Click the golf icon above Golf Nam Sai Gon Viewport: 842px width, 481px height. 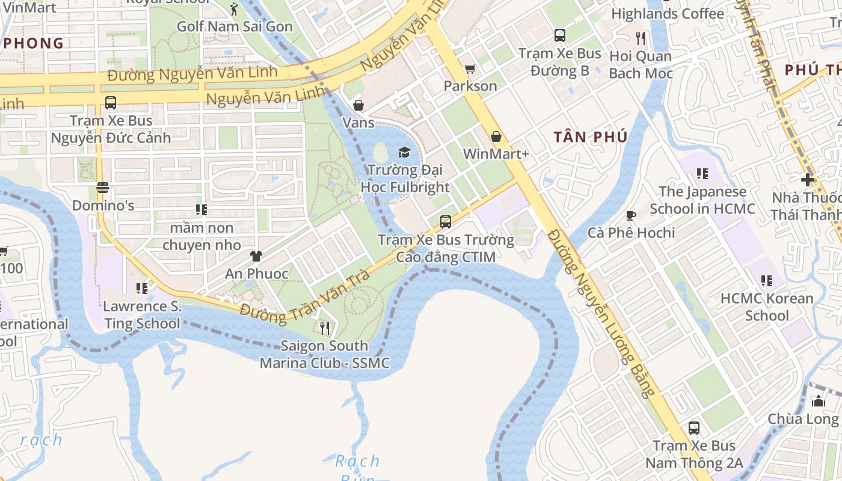pyautogui.click(x=234, y=9)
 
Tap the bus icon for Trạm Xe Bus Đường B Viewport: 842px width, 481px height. pyautogui.click(x=560, y=35)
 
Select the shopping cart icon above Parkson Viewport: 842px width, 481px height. pyautogui.click(x=470, y=69)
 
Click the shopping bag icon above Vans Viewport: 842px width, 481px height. pyautogui.click(x=358, y=105)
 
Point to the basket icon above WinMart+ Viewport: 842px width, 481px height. pyautogui.click(x=496, y=136)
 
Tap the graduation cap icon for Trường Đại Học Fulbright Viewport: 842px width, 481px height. pyautogui.click(x=404, y=152)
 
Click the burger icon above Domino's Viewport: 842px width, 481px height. pyautogui.click(x=102, y=188)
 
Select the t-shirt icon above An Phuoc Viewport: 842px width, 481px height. pyautogui.click(x=256, y=256)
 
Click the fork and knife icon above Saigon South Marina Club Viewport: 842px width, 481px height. pyautogui.click(x=325, y=328)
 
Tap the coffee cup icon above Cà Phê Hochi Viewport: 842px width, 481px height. pyautogui.click(x=631, y=215)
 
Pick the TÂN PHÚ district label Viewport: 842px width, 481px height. pyautogui.click(x=591, y=137)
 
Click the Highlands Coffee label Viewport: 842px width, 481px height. pyautogui.click(x=668, y=13)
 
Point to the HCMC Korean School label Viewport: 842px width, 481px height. pyautogui.click(x=767, y=307)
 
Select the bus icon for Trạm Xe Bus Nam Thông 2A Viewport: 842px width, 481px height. pyautogui.click(x=694, y=428)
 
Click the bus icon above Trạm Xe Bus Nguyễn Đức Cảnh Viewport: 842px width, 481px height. pyautogui.click(x=111, y=103)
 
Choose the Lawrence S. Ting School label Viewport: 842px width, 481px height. pyautogui.click(x=142, y=314)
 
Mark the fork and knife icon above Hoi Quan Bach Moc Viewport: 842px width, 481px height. pyautogui.click(x=641, y=38)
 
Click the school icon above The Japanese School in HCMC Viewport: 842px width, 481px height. pyautogui.click(x=702, y=174)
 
